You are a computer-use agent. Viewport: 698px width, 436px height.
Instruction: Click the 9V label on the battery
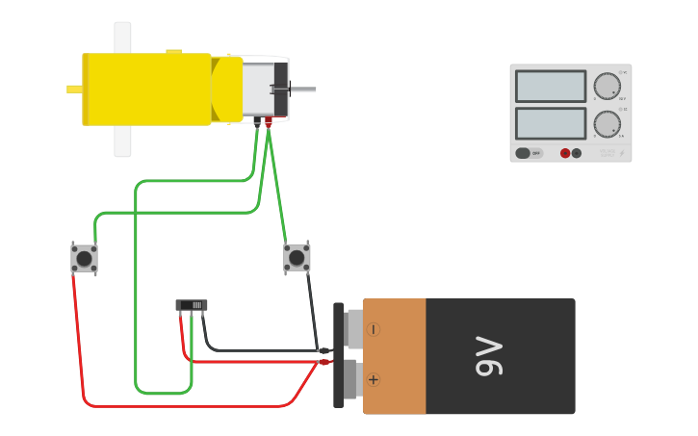pyautogui.click(x=489, y=356)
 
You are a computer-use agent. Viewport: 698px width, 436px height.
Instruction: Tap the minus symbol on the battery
pyautogui.click(x=374, y=329)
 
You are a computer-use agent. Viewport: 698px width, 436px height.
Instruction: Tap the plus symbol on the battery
pyautogui.click(x=374, y=379)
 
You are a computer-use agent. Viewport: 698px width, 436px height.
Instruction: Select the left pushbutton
pyautogui.click(x=84, y=258)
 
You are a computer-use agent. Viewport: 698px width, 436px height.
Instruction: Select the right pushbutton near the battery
pyautogui.click(x=297, y=257)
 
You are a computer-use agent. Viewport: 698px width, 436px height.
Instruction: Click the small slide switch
pyautogui.click(x=192, y=305)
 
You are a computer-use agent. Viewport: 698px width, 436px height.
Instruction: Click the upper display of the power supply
pyautogui.click(x=550, y=87)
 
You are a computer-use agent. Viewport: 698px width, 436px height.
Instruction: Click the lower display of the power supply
pyautogui.click(x=550, y=123)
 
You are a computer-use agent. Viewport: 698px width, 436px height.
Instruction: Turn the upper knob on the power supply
pyautogui.click(x=607, y=87)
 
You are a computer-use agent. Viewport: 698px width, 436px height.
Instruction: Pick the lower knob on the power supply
pyautogui.click(x=607, y=124)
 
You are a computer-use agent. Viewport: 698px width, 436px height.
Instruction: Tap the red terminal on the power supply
pyautogui.click(x=565, y=153)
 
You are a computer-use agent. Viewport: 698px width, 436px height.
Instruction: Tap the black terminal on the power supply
pyautogui.click(x=577, y=153)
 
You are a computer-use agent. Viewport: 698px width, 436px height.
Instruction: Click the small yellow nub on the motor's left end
pyautogui.click(x=74, y=90)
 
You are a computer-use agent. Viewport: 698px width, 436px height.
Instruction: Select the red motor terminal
pyautogui.click(x=269, y=120)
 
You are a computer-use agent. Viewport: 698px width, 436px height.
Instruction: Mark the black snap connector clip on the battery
pyautogui.click(x=338, y=355)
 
